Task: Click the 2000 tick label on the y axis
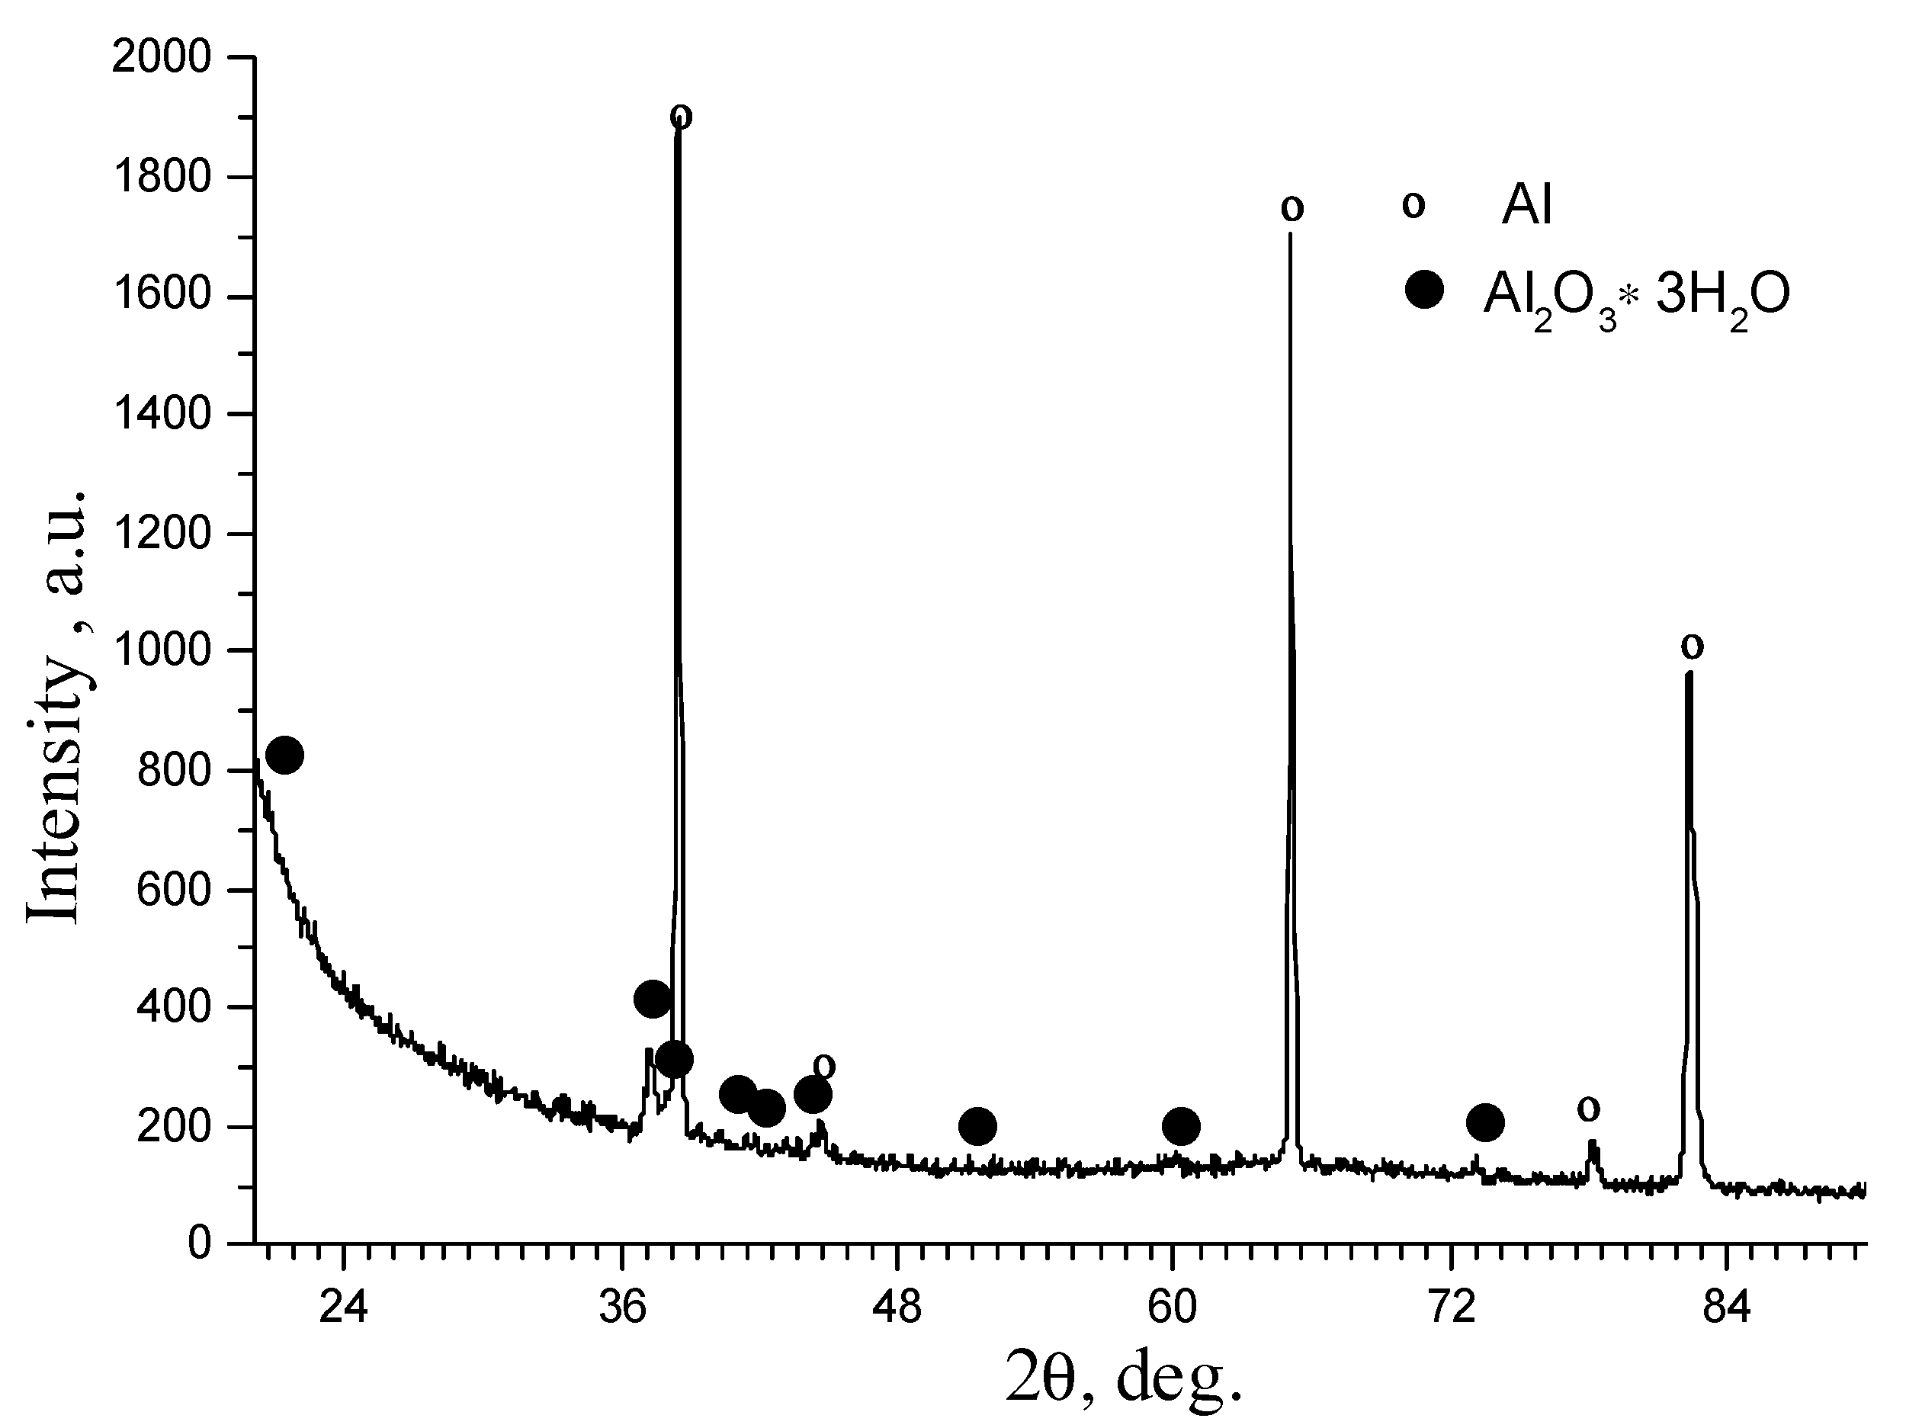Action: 161,59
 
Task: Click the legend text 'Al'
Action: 1527,206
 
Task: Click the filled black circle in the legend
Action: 1423,290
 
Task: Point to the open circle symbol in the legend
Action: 1413,205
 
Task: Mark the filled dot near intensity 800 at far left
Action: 284,756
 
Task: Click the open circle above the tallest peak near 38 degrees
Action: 681,115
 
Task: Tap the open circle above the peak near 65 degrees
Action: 1292,207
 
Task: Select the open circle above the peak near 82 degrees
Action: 1693,646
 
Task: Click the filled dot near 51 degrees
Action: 977,1126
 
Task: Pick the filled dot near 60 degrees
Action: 1180,1125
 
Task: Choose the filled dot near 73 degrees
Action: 1484,1123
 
